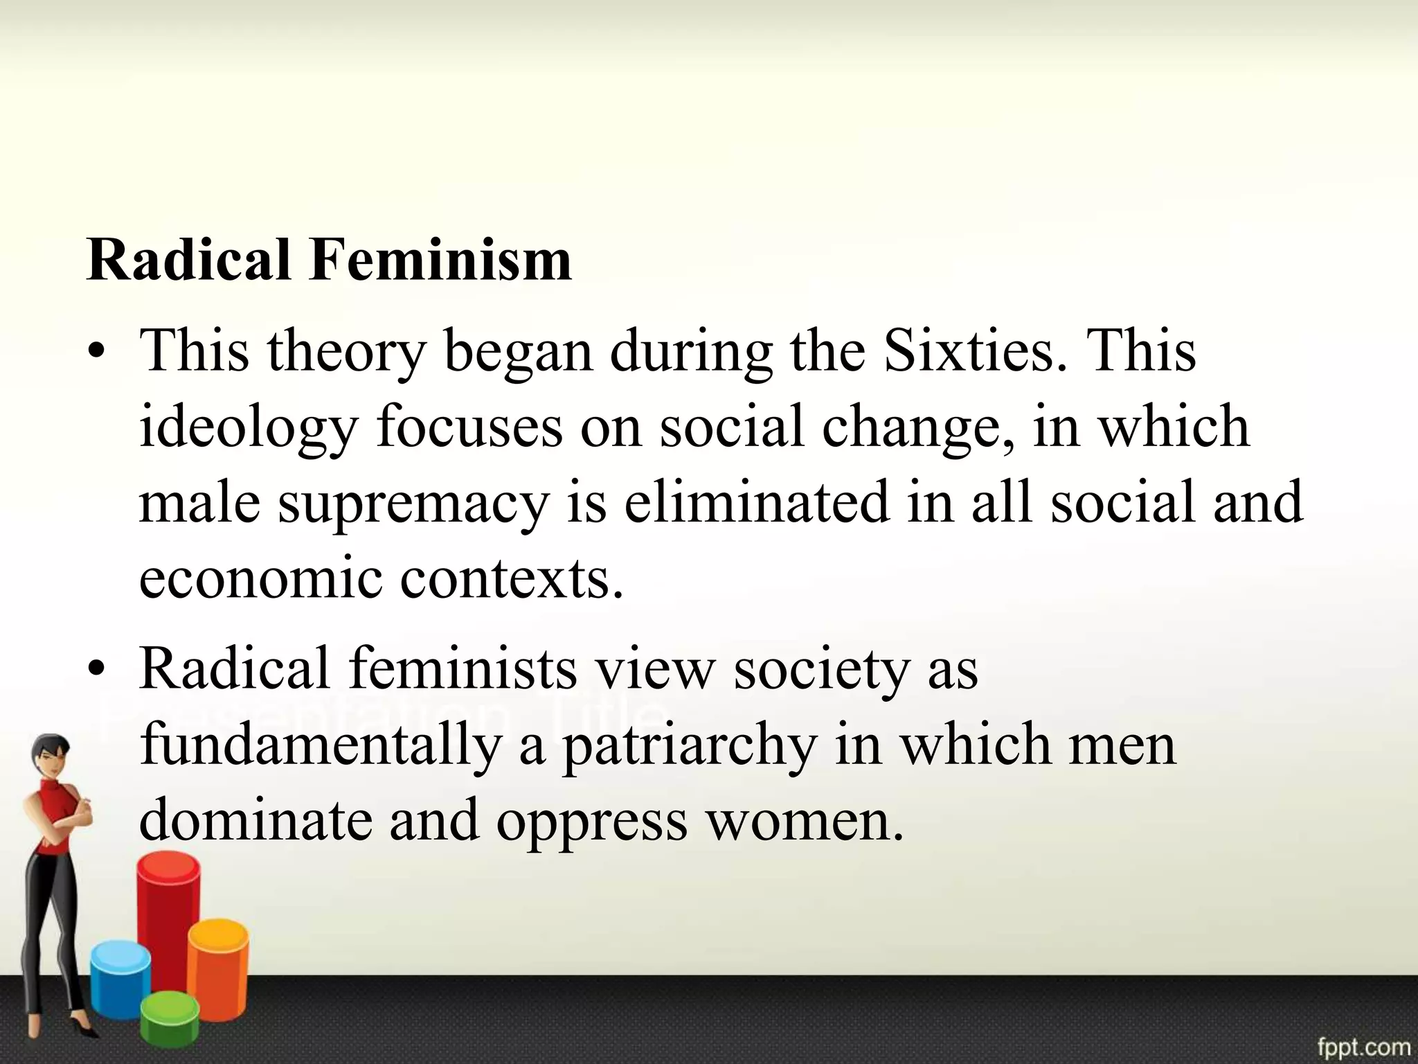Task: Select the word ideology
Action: [x=248, y=428]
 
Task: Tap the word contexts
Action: [x=512, y=578]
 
